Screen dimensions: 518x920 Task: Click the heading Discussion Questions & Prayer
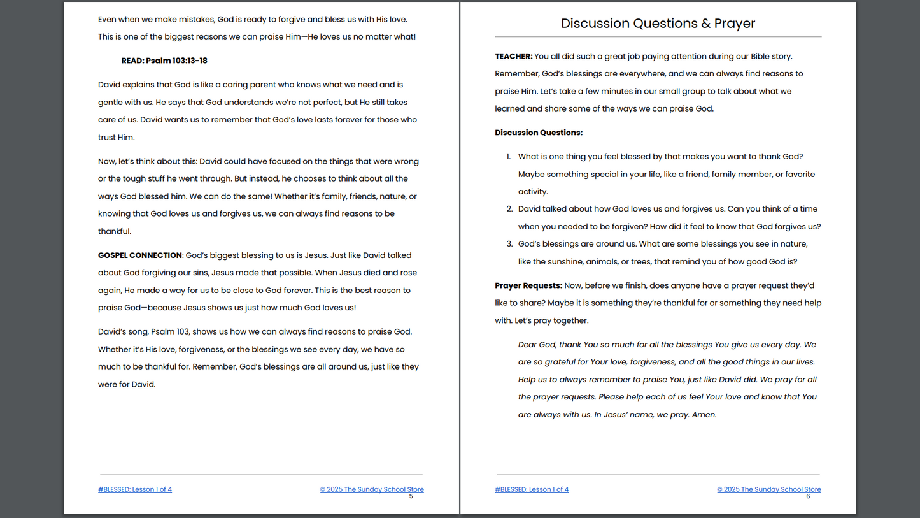658,24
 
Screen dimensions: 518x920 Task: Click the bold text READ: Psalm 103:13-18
164,61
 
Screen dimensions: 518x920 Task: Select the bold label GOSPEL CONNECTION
140,255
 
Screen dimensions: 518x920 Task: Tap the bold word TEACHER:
514,56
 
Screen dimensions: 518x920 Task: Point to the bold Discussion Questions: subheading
539,133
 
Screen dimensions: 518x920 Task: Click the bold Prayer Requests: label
528,285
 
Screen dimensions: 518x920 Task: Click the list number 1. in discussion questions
509,157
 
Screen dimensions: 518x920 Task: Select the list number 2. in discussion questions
509,209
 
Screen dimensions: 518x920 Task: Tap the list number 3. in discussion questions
509,244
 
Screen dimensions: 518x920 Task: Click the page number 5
411,496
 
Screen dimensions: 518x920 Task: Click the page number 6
808,496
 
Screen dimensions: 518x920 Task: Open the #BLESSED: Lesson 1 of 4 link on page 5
135,489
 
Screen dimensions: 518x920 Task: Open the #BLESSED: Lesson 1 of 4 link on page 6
532,489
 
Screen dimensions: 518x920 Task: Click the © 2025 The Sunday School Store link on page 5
372,489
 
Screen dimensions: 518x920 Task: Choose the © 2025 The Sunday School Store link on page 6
769,489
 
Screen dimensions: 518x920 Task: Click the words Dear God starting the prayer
537,345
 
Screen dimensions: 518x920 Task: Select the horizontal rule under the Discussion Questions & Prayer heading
658,37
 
